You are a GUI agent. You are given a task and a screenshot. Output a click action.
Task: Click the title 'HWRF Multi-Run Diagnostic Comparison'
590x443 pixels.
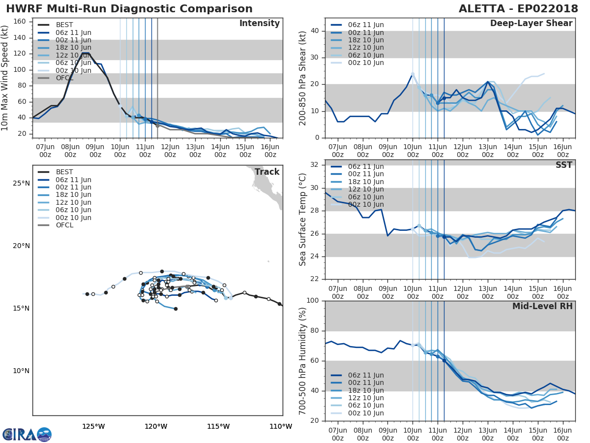[129, 9]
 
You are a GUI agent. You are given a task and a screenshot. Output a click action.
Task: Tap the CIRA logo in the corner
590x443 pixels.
[27, 434]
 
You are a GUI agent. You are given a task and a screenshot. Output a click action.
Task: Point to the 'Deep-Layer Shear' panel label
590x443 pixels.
[531, 24]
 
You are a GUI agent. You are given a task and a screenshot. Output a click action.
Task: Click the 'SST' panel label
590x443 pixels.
[564, 165]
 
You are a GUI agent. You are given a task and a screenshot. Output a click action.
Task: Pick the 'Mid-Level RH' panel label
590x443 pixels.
[542, 306]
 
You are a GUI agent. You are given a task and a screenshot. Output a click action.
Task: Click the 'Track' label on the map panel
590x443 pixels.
[266, 172]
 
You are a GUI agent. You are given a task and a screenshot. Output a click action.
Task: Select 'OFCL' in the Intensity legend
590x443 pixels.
[64, 78]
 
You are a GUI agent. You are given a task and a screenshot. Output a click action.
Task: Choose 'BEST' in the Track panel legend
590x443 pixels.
[64, 172]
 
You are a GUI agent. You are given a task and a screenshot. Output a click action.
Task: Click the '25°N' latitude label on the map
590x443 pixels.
[21, 184]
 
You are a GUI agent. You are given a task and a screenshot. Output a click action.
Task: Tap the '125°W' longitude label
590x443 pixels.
[93, 427]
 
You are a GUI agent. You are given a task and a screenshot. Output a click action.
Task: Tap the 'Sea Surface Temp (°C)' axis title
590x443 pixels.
[302, 220]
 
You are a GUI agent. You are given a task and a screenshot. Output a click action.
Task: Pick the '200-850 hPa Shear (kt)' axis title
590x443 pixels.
[302, 78]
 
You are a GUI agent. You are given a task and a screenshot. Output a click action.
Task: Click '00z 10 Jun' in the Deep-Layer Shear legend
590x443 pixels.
[366, 63]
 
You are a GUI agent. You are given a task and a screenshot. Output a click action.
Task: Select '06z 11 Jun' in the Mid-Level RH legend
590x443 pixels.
[366, 375]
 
